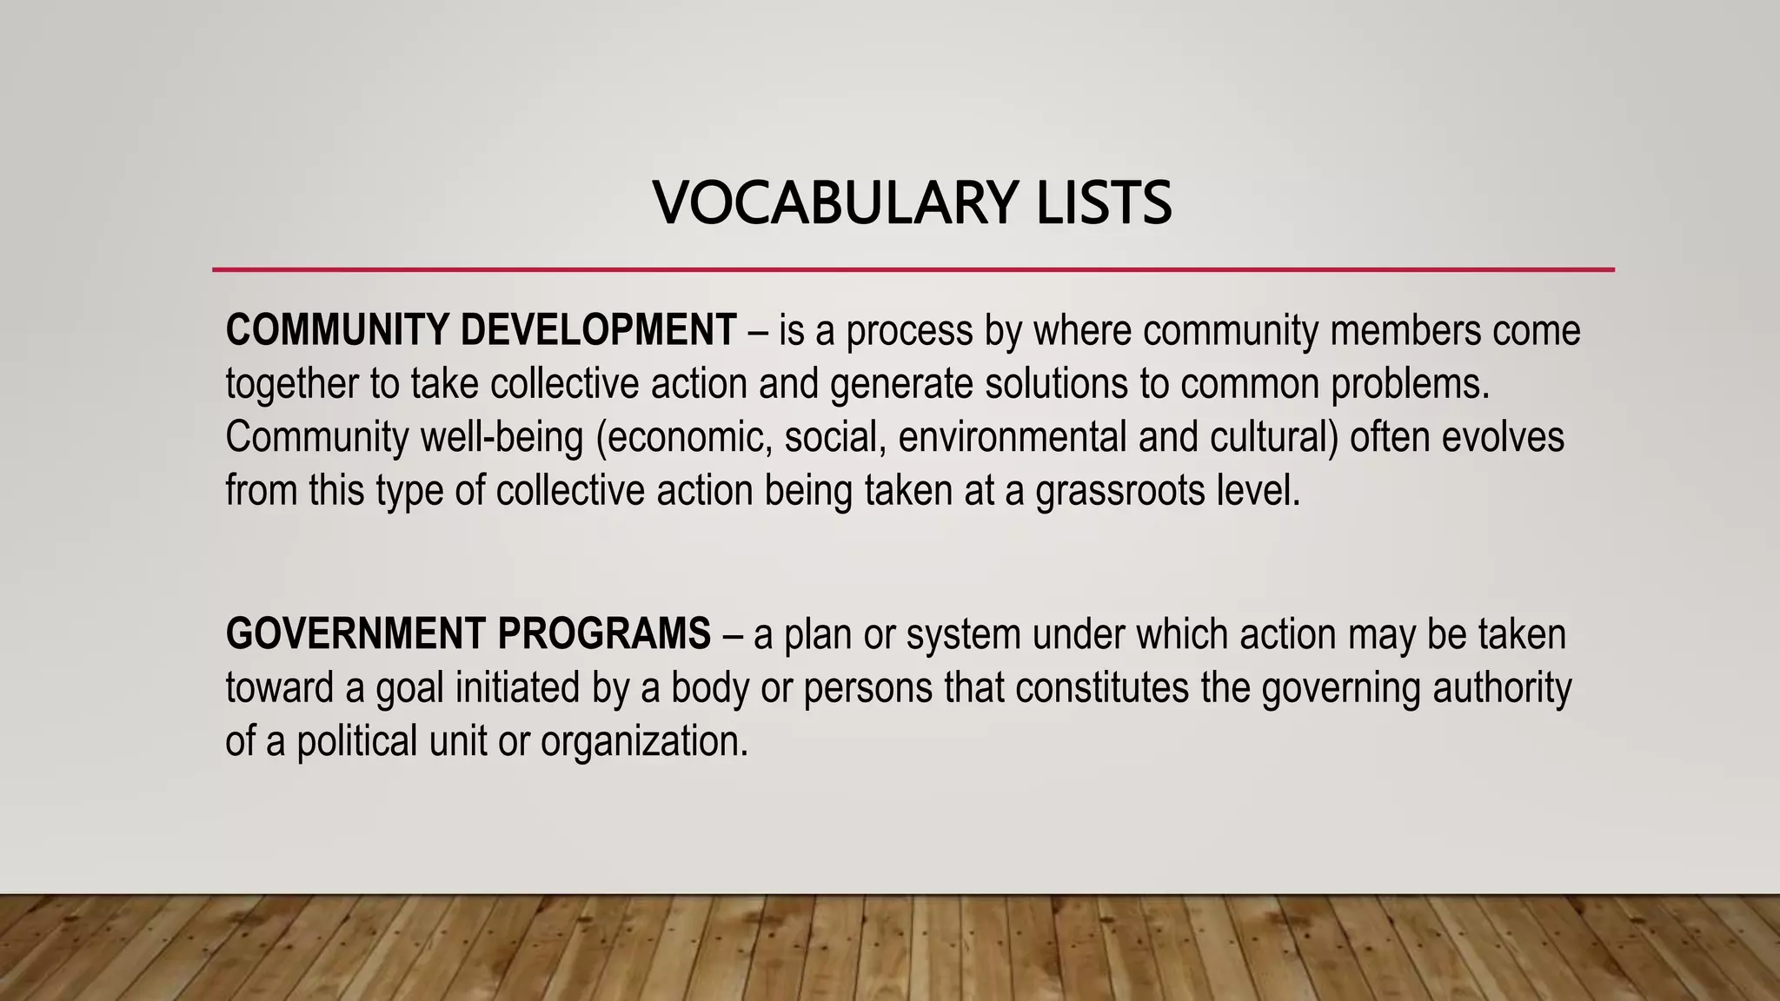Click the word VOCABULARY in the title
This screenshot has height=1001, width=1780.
click(x=834, y=202)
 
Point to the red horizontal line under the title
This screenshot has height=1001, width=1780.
click(x=913, y=269)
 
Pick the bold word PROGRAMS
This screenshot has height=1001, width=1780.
click(x=604, y=633)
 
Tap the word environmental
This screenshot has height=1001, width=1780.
click(x=1013, y=437)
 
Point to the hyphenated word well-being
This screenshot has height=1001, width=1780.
click(x=501, y=437)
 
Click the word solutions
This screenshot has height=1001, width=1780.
click(x=1056, y=384)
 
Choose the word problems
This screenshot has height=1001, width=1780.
click(x=1411, y=384)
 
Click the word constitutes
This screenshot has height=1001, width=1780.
click(x=1101, y=687)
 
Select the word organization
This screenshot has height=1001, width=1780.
click(x=644, y=742)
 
